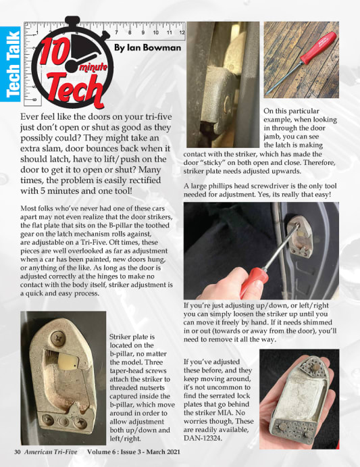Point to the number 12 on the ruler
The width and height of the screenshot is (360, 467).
180,32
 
